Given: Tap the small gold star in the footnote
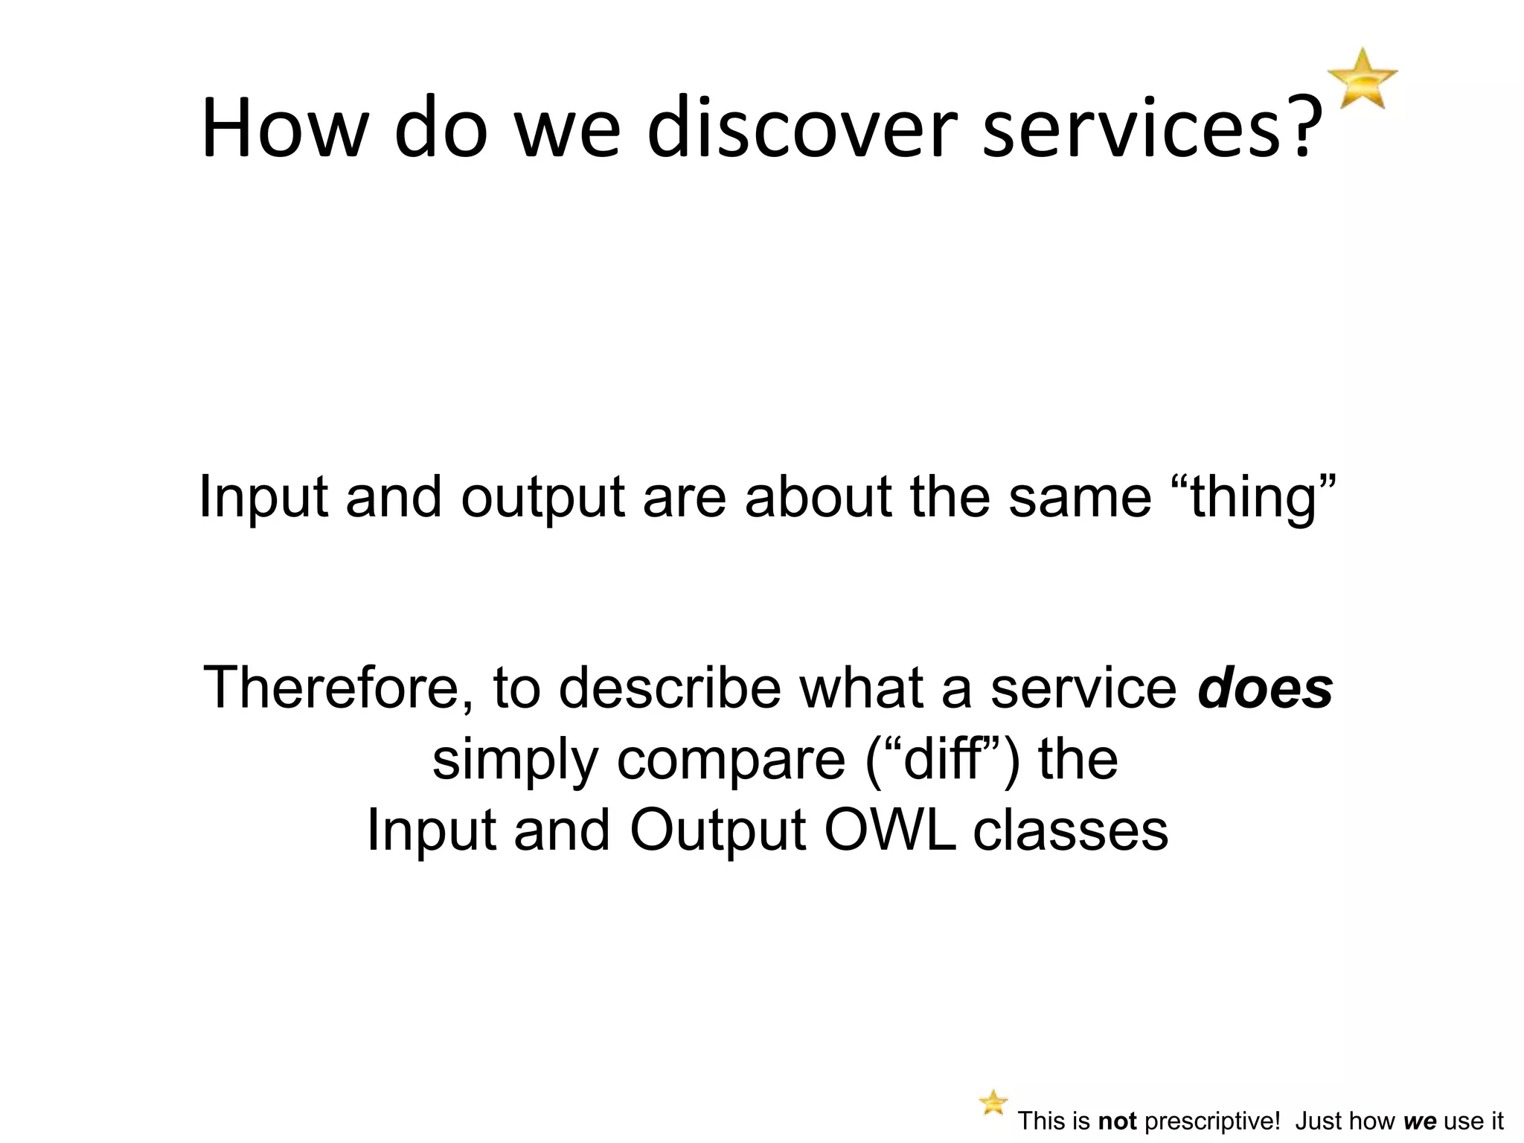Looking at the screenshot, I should coord(993,1102).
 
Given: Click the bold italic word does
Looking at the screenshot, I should coord(1265,688).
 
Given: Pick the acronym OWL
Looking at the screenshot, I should coord(890,830).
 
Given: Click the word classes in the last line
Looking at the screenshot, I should coord(1071,830).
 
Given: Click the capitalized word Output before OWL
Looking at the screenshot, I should coord(717,830).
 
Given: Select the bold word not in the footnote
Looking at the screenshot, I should coord(1117,1121).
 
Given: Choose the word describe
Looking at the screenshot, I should coord(670,688).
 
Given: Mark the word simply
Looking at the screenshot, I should coord(515,761).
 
